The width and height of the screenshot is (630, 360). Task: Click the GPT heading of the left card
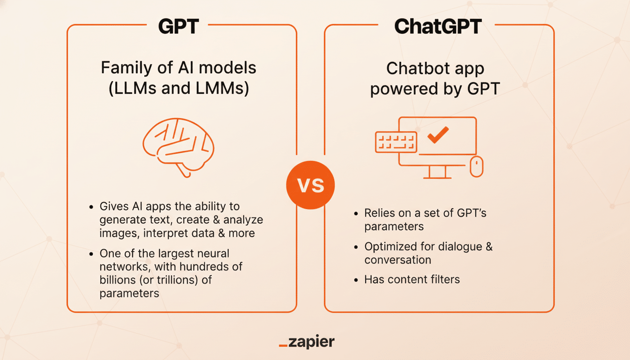click(x=179, y=26)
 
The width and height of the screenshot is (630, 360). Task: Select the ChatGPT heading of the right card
click(x=438, y=26)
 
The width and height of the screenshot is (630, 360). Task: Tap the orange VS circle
click(x=311, y=186)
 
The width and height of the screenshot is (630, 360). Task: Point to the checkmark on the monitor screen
click(x=438, y=135)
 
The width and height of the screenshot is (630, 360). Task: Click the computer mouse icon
click(x=476, y=166)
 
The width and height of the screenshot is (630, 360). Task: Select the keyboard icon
click(x=396, y=141)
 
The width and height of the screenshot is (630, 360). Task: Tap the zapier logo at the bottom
click(x=307, y=342)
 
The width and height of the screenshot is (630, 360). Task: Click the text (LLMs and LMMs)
click(x=179, y=89)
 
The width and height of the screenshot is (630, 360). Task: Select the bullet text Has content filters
click(x=412, y=280)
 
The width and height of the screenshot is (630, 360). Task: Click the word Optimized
click(x=392, y=247)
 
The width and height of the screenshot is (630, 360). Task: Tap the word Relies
click(x=378, y=213)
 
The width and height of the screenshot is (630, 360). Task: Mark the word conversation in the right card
click(x=397, y=260)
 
